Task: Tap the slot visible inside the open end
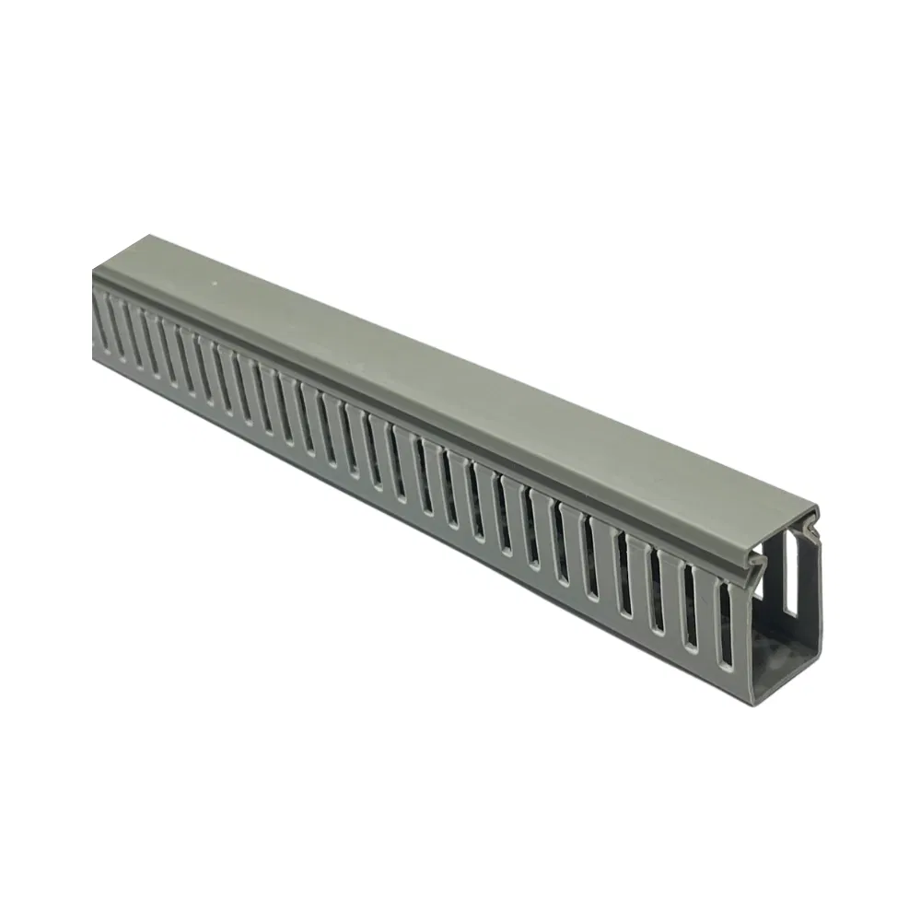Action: click(790, 575)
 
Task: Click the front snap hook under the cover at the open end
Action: click(757, 563)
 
